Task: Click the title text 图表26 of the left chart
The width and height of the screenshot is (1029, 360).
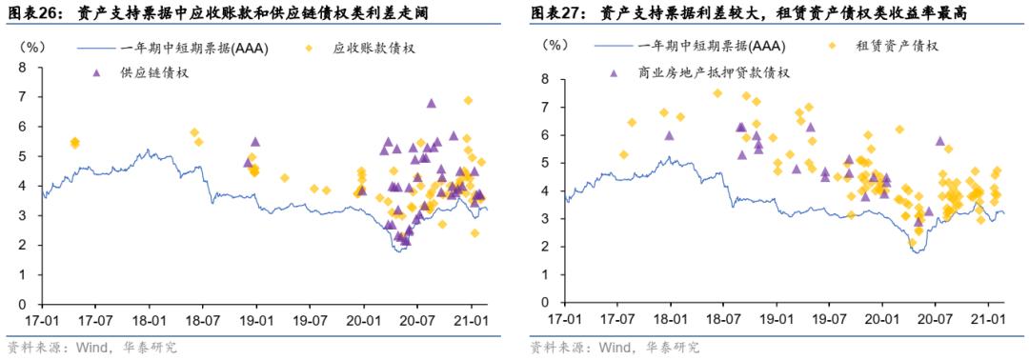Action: pyautogui.click(x=32, y=13)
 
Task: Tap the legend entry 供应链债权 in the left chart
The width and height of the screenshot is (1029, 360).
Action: pyautogui.click(x=152, y=72)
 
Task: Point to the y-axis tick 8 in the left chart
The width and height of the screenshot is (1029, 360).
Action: pyautogui.click(x=21, y=67)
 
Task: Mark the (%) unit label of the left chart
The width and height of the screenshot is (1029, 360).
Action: pyautogui.click(x=32, y=45)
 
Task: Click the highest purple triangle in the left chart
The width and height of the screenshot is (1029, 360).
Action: pyautogui.click(x=432, y=103)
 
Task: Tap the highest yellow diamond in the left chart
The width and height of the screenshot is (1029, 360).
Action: pyautogui.click(x=468, y=100)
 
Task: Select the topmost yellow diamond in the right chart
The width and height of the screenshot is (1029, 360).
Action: pyautogui.click(x=717, y=93)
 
